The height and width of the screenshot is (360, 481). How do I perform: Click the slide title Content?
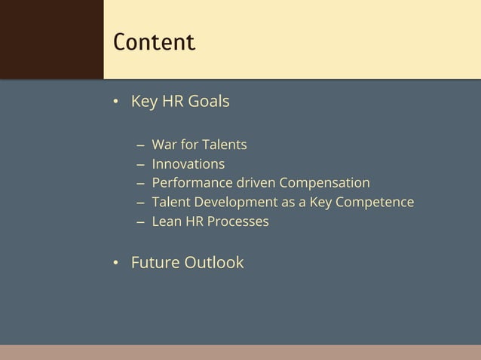coord(154,41)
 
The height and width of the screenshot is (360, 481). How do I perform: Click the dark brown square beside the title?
coord(51,39)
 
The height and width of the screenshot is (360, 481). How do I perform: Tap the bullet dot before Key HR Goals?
coord(116,102)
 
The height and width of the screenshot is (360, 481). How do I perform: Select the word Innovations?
coord(188,163)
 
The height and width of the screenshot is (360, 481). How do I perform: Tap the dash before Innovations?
coord(141,164)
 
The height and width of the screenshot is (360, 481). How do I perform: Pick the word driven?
coord(253,183)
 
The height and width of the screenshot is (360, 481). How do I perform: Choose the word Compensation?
coord(325,183)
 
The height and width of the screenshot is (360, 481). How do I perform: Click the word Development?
coord(232,203)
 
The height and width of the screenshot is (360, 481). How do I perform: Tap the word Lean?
coord(166,222)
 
